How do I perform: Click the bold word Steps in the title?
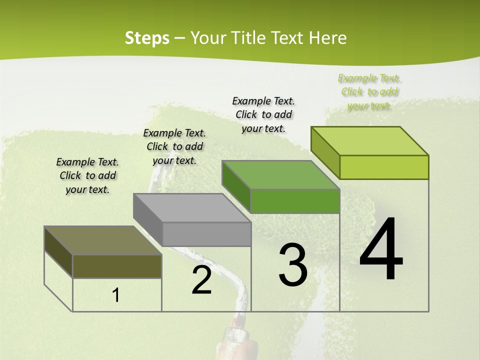[x=147, y=38]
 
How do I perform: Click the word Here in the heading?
[x=327, y=38]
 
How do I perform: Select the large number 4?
[x=381, y=250]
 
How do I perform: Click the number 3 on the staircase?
[x=293, y=265]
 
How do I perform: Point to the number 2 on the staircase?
[x=201, y=280]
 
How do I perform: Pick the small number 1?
[x=116, y=295]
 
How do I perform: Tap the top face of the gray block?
[x=192, y=208]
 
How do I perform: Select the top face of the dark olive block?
[x=103, y=240]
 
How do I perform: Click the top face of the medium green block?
[x=281, y=175]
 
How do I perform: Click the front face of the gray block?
[x=207, y=234]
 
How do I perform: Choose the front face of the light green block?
[x=384, y=167]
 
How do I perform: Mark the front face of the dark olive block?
[x=117, y=266]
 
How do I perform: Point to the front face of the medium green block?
[x=295, y=201]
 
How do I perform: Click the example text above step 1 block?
[x=87, y=175]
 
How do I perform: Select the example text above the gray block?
[x=174, y=146]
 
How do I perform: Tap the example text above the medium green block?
[x=263, y=114]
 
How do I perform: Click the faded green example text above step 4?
[x=369, y=91]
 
